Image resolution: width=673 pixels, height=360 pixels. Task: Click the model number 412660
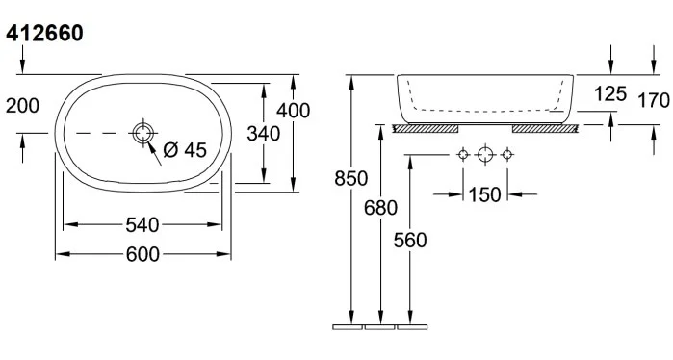[x=44, y=33]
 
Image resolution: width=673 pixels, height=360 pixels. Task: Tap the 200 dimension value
[x=22, y=106]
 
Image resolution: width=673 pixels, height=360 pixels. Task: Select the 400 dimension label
[x=293, y=111]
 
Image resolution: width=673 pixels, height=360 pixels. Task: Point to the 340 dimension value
[x=264, y=134]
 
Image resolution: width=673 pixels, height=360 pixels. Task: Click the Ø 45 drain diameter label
[x=185, y=150]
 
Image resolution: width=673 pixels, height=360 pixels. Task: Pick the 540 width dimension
[x=142, y=225]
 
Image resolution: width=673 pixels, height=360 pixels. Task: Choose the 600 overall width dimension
[x=142, y=254]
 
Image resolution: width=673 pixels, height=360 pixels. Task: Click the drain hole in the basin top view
[x=142, y=133]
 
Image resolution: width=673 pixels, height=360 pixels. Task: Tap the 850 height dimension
[x=351, y=178]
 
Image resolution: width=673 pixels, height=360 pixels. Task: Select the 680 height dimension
[x=380, y=208]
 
